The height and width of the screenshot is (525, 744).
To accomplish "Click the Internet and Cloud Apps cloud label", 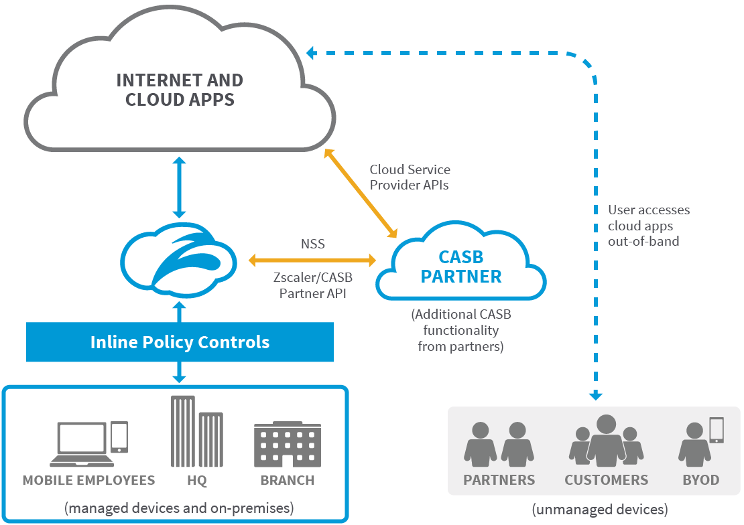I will [x=180, y=90].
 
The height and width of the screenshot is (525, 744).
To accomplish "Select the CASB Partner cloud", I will [x=461, y=267].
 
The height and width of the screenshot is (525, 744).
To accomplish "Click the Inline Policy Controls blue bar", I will [x=180, y=342].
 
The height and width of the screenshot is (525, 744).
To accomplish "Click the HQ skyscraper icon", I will [x=196, y=431].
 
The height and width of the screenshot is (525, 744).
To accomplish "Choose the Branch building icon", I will [x=287, y=445].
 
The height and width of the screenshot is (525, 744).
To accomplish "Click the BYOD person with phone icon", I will [x=700, y=442].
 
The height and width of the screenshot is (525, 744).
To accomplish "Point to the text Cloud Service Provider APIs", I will [x=410, y=177].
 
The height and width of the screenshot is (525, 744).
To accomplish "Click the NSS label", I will [x=312, y=244].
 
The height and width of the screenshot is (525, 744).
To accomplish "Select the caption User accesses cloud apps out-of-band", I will [x=648, y=225].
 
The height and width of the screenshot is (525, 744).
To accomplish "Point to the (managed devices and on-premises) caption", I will [x=179, y=508].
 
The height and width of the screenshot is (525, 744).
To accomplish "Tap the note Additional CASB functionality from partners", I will [x=461, y=330].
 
